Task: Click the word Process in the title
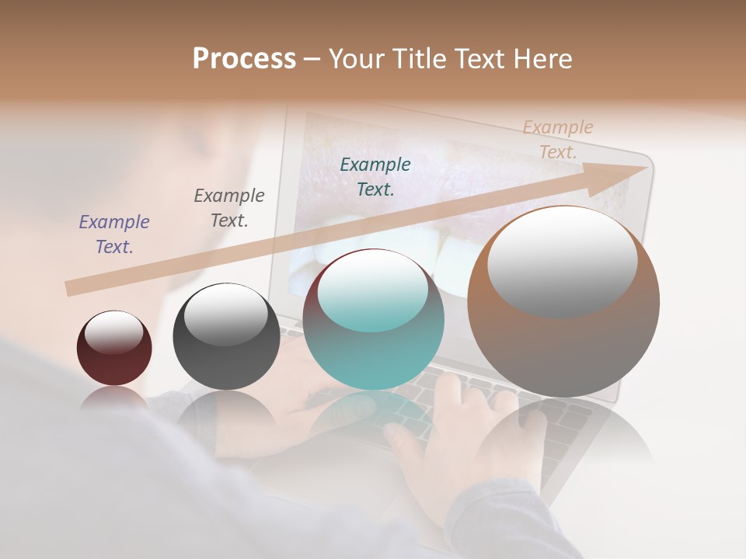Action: pos(244,59)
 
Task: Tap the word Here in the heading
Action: pos(542,59)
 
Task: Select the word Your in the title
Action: pos(357,59)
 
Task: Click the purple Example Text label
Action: pos(114,234)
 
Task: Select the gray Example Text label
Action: pos(229,208)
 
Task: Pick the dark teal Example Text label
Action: pos(375,177)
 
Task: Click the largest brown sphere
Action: pos(563,342)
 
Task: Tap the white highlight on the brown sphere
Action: pos(562,260)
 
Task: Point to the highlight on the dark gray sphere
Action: pos(225,314)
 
